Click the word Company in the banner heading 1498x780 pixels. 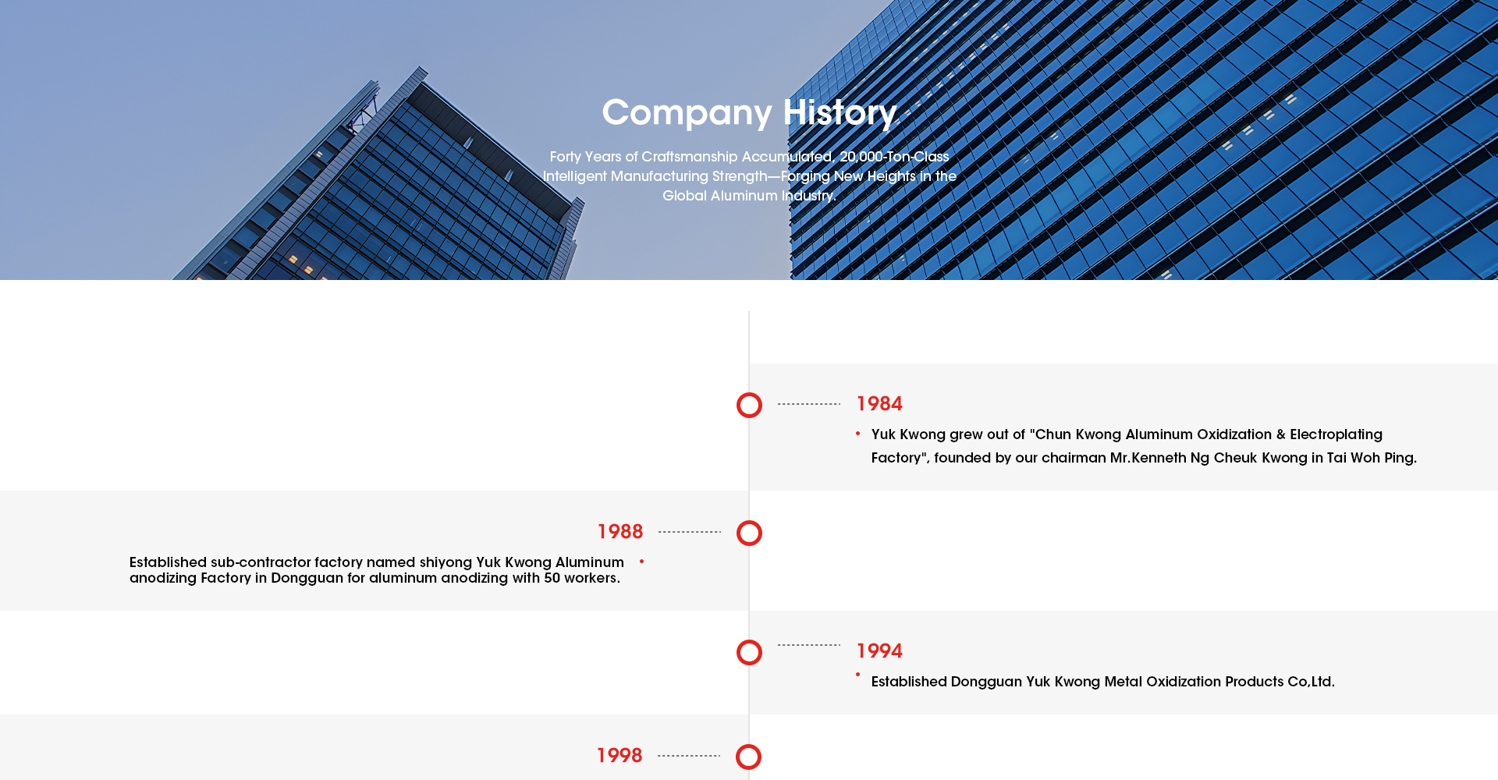(687, 113)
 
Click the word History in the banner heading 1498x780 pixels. (840, 113)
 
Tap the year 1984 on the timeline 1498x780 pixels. (879, 404)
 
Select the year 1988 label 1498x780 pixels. (620, 532)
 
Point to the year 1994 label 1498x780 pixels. (879, 651)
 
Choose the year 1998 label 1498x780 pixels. (619, 756)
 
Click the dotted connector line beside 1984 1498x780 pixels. (809, 404)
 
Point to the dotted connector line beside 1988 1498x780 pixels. (690, 532)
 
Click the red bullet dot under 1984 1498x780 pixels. (857, 434)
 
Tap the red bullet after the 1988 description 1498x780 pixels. (641, 562)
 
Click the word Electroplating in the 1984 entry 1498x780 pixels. (1336, 434)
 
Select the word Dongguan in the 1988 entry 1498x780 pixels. (307, 578)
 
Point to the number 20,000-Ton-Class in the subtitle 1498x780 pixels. (894, 157)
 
